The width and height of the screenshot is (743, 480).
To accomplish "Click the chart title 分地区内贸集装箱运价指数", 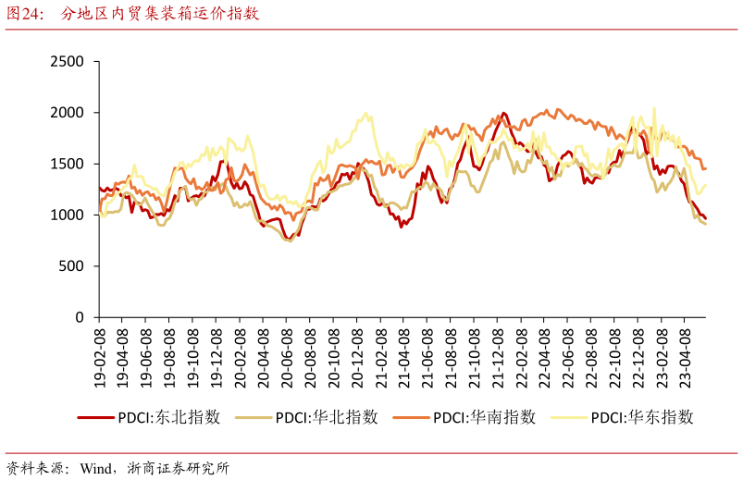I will (160, 14).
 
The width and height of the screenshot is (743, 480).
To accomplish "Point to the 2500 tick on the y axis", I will (68, 61).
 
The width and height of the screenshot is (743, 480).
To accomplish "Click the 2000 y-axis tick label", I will (68, 113).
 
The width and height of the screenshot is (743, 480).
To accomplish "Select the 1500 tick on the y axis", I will (68, 164).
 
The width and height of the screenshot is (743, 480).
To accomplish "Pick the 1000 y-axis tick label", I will (68, 215).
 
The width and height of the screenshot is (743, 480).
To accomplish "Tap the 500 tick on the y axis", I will (72, 266).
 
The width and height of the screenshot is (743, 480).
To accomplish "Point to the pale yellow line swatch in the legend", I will (569, 417).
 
